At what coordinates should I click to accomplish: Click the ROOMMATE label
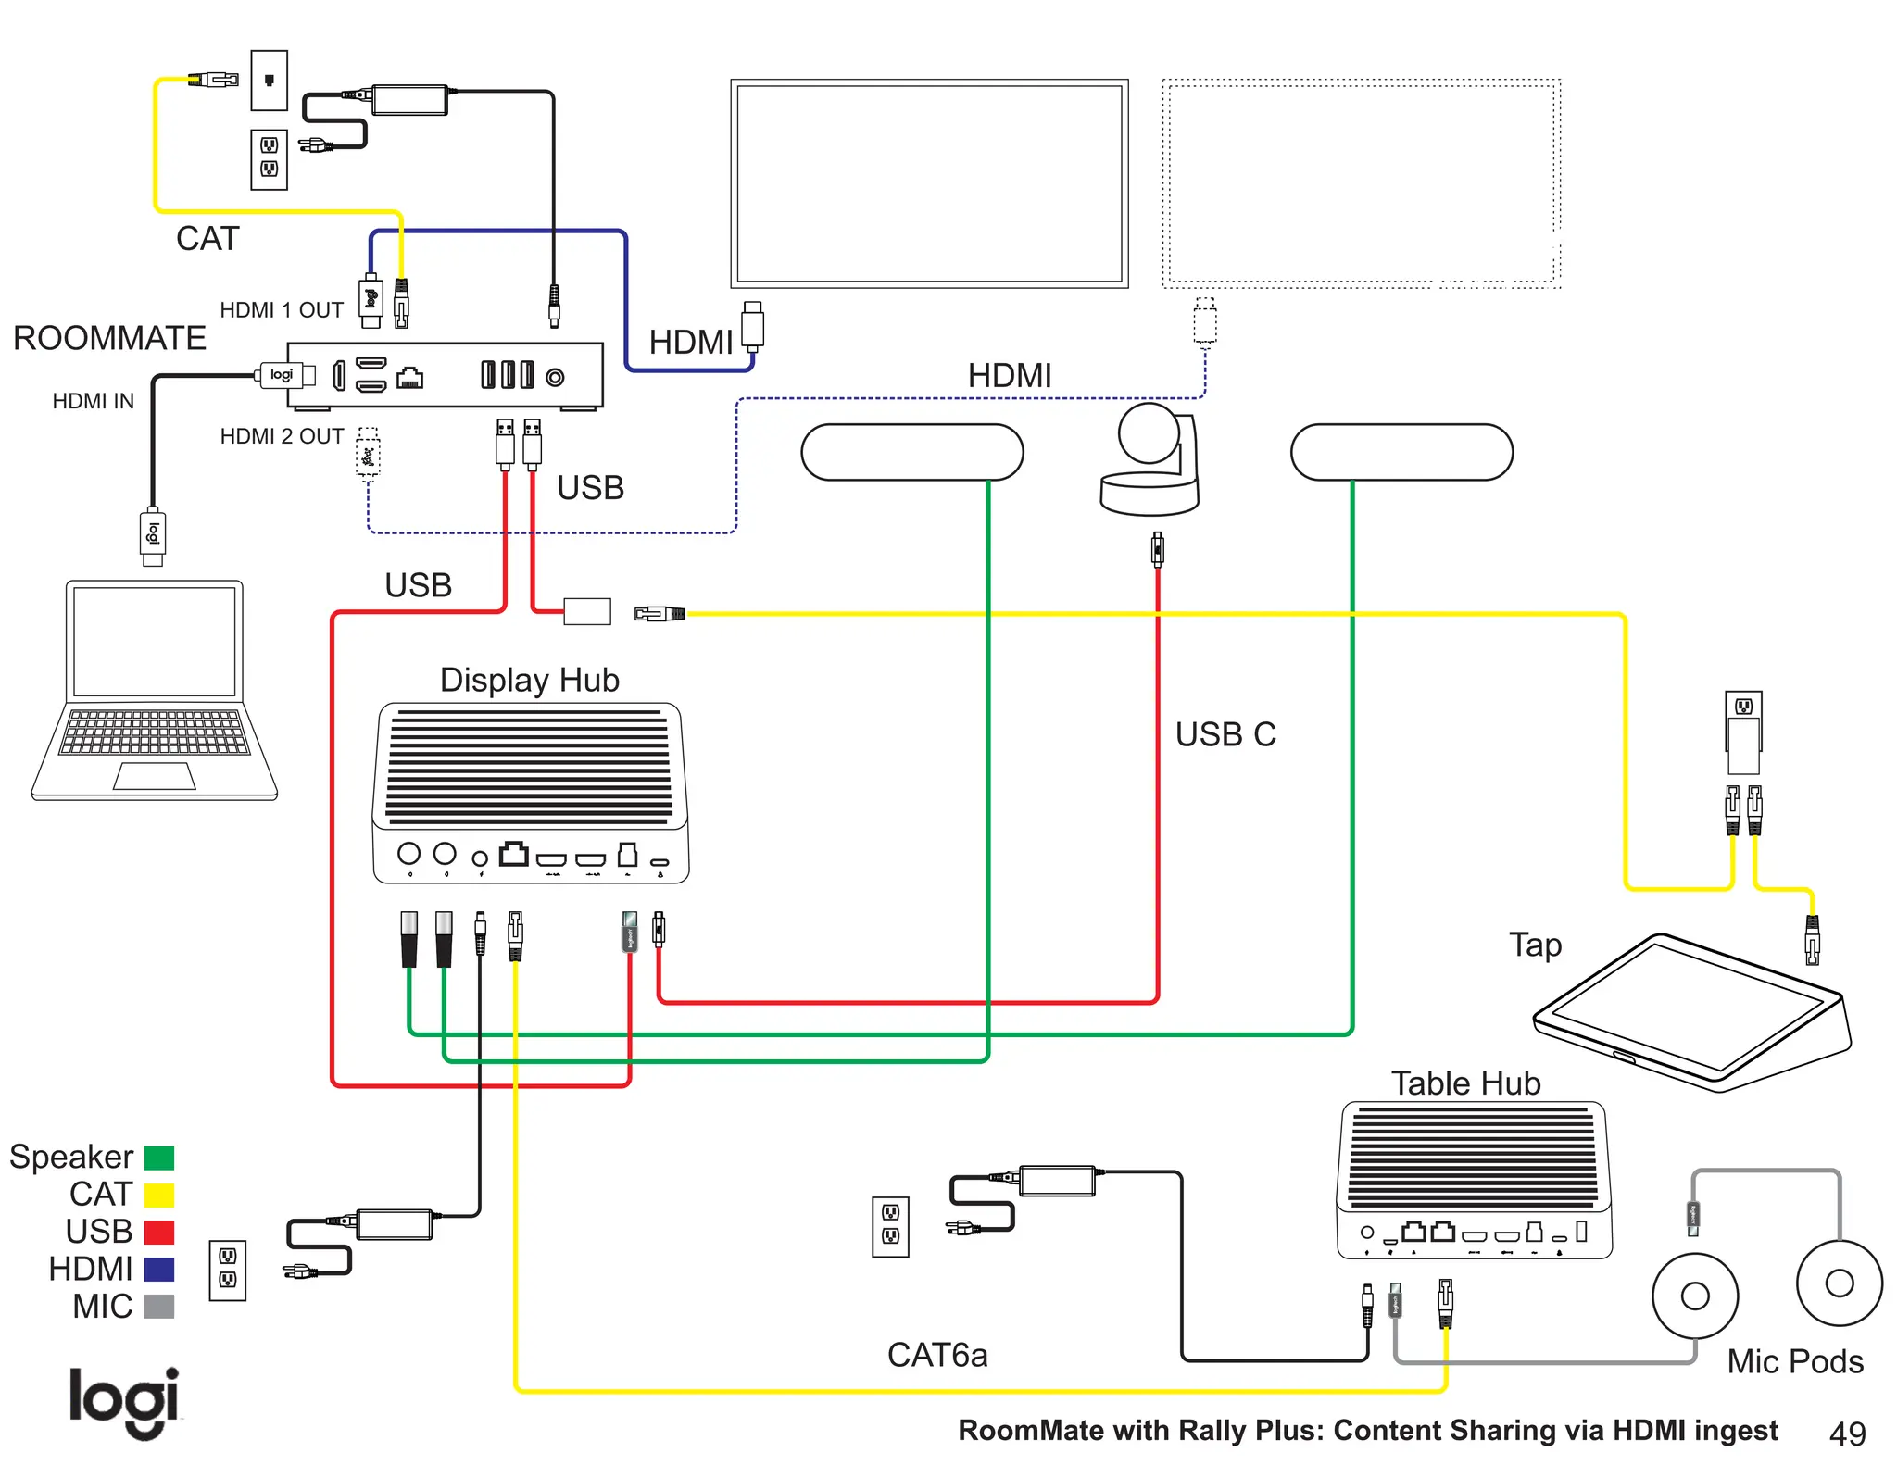(109, 338)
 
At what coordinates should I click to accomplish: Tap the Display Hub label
(529, 680)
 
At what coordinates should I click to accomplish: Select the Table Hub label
(1465, 1083)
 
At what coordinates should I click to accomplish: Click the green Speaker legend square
(159, 1158)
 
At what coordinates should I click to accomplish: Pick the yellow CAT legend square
(159, 1195)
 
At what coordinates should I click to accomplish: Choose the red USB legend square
(159, 1232)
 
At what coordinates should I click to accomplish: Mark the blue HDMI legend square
(159, 1269)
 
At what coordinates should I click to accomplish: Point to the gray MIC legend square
(159, 1306)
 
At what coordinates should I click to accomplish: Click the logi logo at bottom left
(124, 1401)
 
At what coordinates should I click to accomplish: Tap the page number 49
(1847, 1434)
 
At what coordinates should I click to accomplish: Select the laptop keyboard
(155, 732)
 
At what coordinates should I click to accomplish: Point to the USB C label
(1225, 734)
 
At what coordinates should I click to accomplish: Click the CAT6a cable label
(936, 1355)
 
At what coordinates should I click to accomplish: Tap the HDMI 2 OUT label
(282, 436)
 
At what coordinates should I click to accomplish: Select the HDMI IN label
(93, 401)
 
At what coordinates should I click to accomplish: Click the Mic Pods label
(1794, 1361)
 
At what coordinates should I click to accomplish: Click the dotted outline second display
(1361, 183)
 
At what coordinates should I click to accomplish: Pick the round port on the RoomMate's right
(555, 377)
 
